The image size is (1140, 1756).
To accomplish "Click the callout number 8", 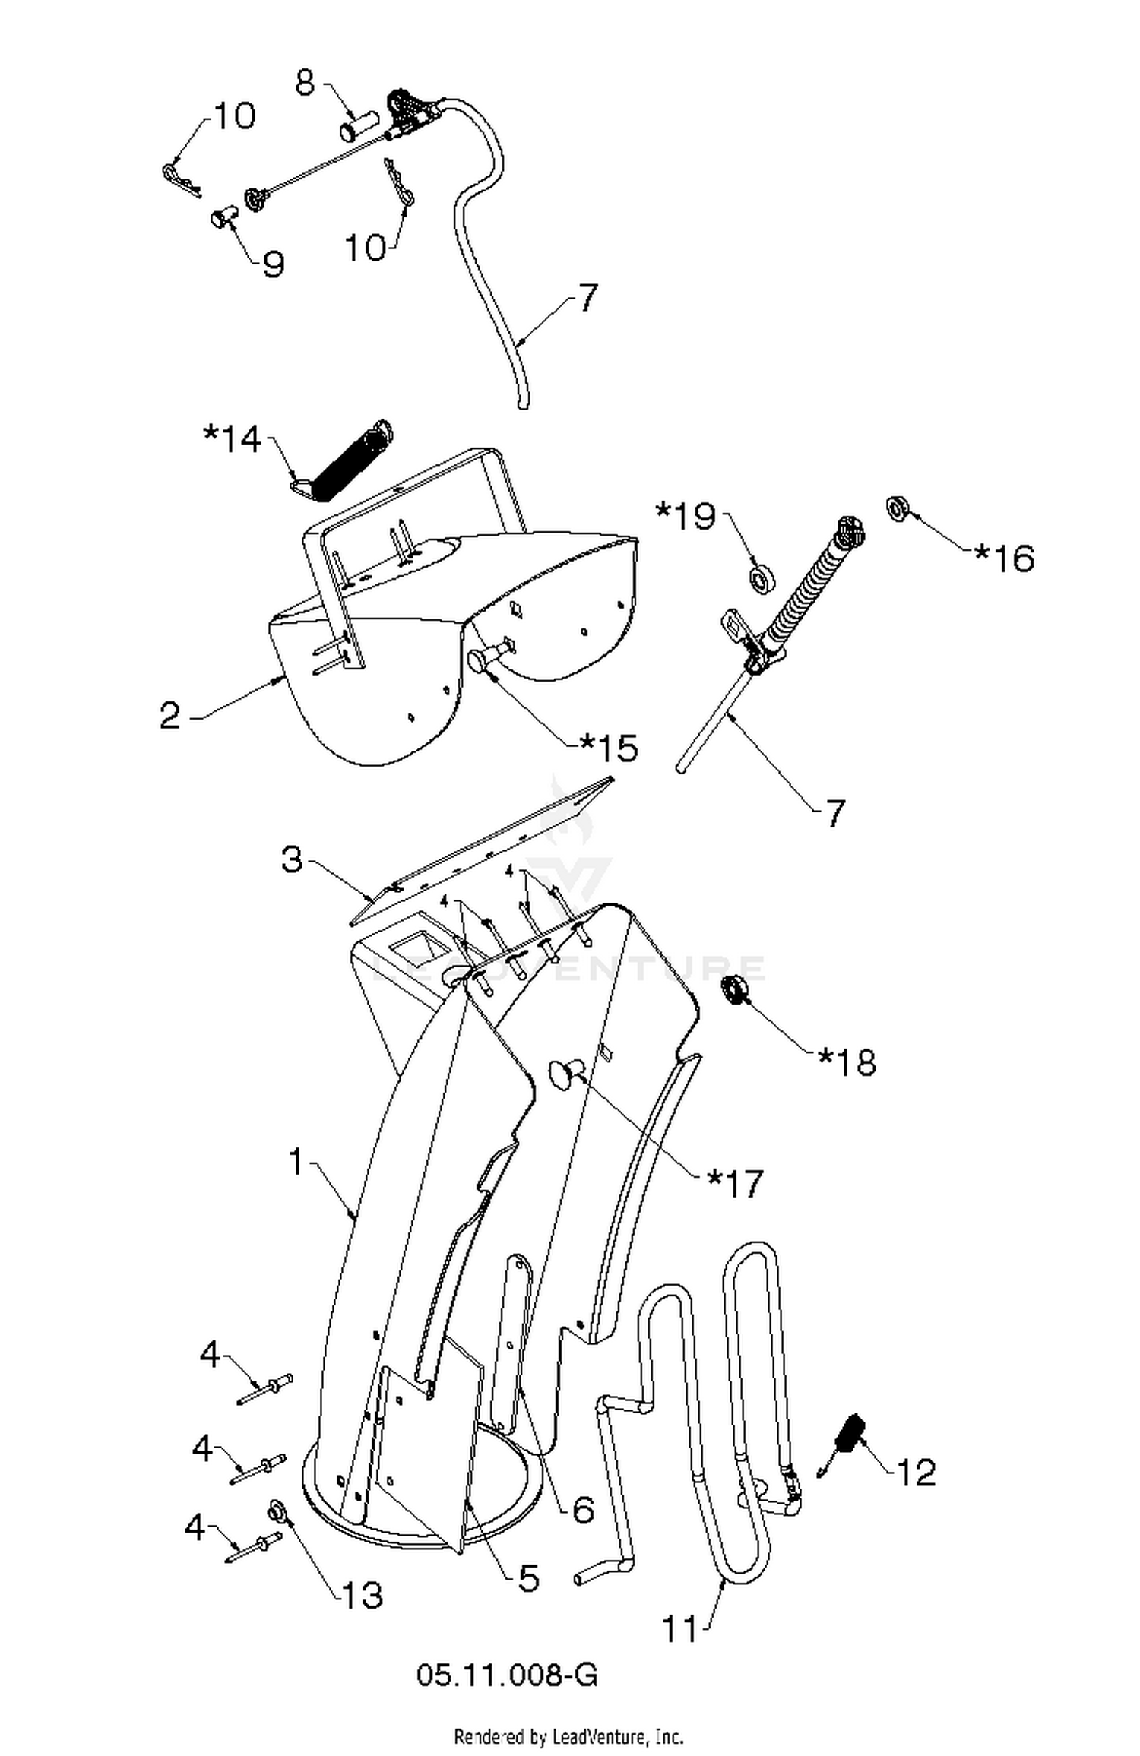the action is pyautogui.click(x=305, y=82).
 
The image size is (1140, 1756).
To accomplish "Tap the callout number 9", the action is pyautogui.click(x=273, y=264).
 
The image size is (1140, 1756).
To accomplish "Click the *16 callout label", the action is pyautogui.click(x=1004, y=558).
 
